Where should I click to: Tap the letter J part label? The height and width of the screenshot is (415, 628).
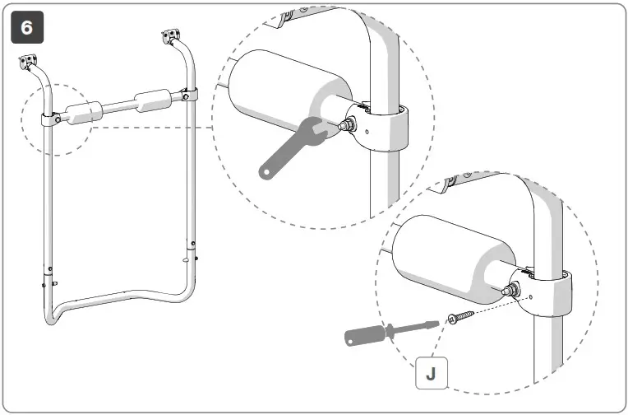point(431,372)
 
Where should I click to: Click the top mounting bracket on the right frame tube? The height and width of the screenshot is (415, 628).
point(171,37)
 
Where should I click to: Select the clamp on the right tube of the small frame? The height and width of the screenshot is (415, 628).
point(190,95)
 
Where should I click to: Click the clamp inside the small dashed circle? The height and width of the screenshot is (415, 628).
point(50,120)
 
